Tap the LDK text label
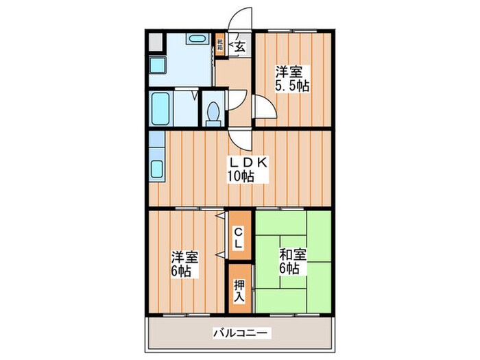pyautogui.click(x=242, y=163)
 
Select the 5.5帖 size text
pyautogui.click(x=291, y=86)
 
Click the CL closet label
pyautogui.click(x=238, y=237)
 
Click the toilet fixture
pyautogui.click(x=213, y=112)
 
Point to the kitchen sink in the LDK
pyautogui.click(x=156, y=169)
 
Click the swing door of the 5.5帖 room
pyautogui.click(x=265, y=107)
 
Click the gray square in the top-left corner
pyautogui.click(x=154, y=42)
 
